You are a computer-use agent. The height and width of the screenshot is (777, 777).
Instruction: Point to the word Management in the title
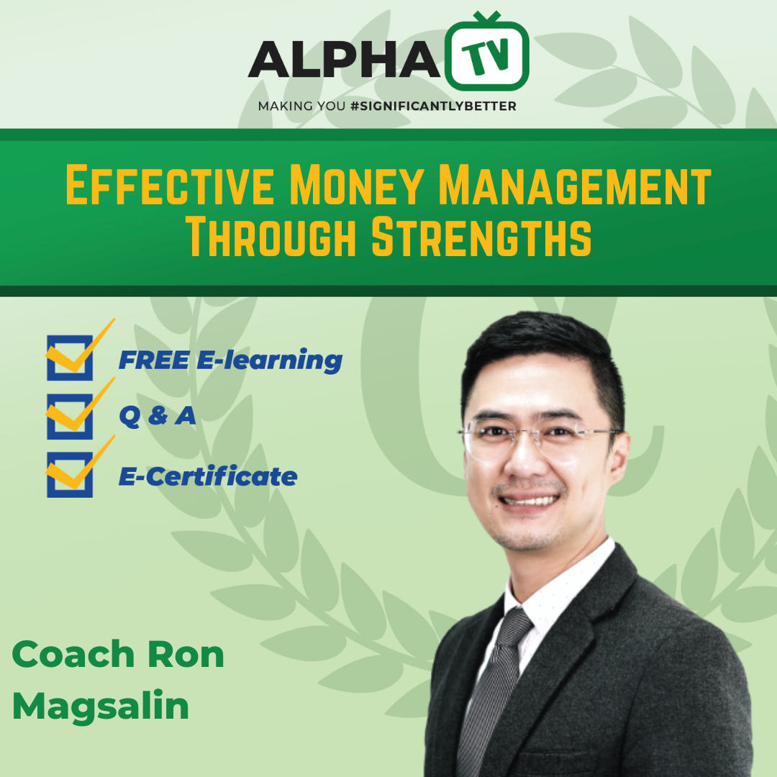pos(575,185)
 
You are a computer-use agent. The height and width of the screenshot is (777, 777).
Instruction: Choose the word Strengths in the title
pos(481,238)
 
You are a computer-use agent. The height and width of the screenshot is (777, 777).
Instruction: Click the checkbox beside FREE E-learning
pos(70,358)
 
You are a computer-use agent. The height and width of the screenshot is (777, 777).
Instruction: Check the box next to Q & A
pos(70,416)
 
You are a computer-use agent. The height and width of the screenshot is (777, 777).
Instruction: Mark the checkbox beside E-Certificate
pos(70,474)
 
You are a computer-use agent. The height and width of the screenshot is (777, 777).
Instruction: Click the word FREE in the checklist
pos(154,360)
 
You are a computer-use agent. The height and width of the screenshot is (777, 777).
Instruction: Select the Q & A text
pos(157,417)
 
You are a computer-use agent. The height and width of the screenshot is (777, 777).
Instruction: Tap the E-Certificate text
pos(208,476)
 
